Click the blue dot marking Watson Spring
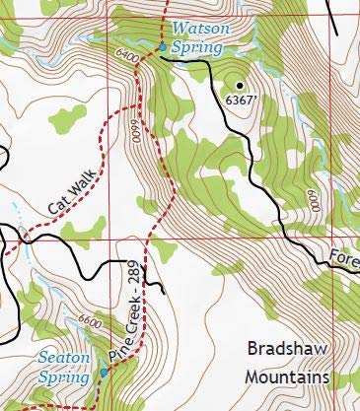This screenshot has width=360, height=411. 162,46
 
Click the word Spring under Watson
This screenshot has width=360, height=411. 191,45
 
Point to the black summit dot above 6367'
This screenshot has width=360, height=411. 238,85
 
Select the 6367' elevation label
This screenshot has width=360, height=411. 240,100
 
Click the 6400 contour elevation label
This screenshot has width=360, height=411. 125,59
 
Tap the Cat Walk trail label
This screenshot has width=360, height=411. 74,187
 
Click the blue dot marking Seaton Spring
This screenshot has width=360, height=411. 104,373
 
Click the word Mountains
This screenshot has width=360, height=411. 287,377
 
